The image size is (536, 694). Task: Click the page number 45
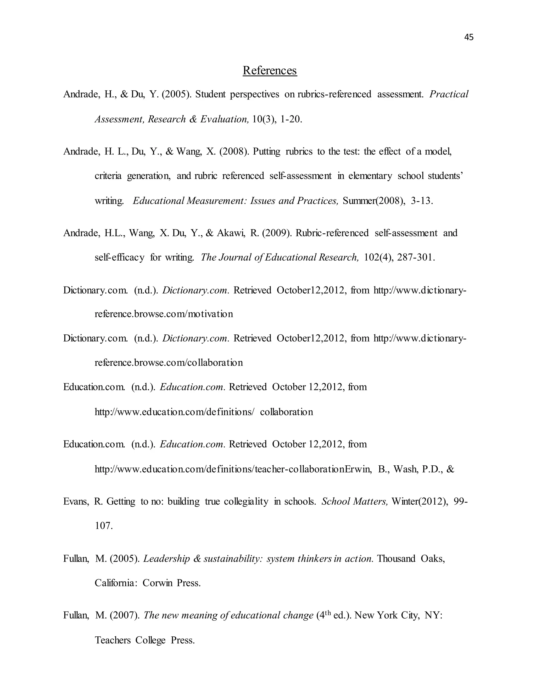469,37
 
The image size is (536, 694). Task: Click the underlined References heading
270,70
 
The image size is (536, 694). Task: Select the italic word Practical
449,94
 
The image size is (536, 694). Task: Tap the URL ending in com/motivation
164,314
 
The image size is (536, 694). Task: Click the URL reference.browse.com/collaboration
169,362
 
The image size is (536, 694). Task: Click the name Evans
76,502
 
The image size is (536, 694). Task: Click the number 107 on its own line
104,526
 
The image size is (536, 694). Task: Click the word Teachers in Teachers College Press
113,640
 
